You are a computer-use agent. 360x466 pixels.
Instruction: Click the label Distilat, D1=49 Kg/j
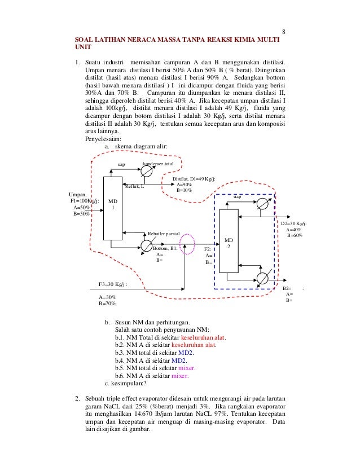194,179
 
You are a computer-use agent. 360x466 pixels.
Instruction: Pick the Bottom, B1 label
166,248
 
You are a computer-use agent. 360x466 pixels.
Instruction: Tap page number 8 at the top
284,31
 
